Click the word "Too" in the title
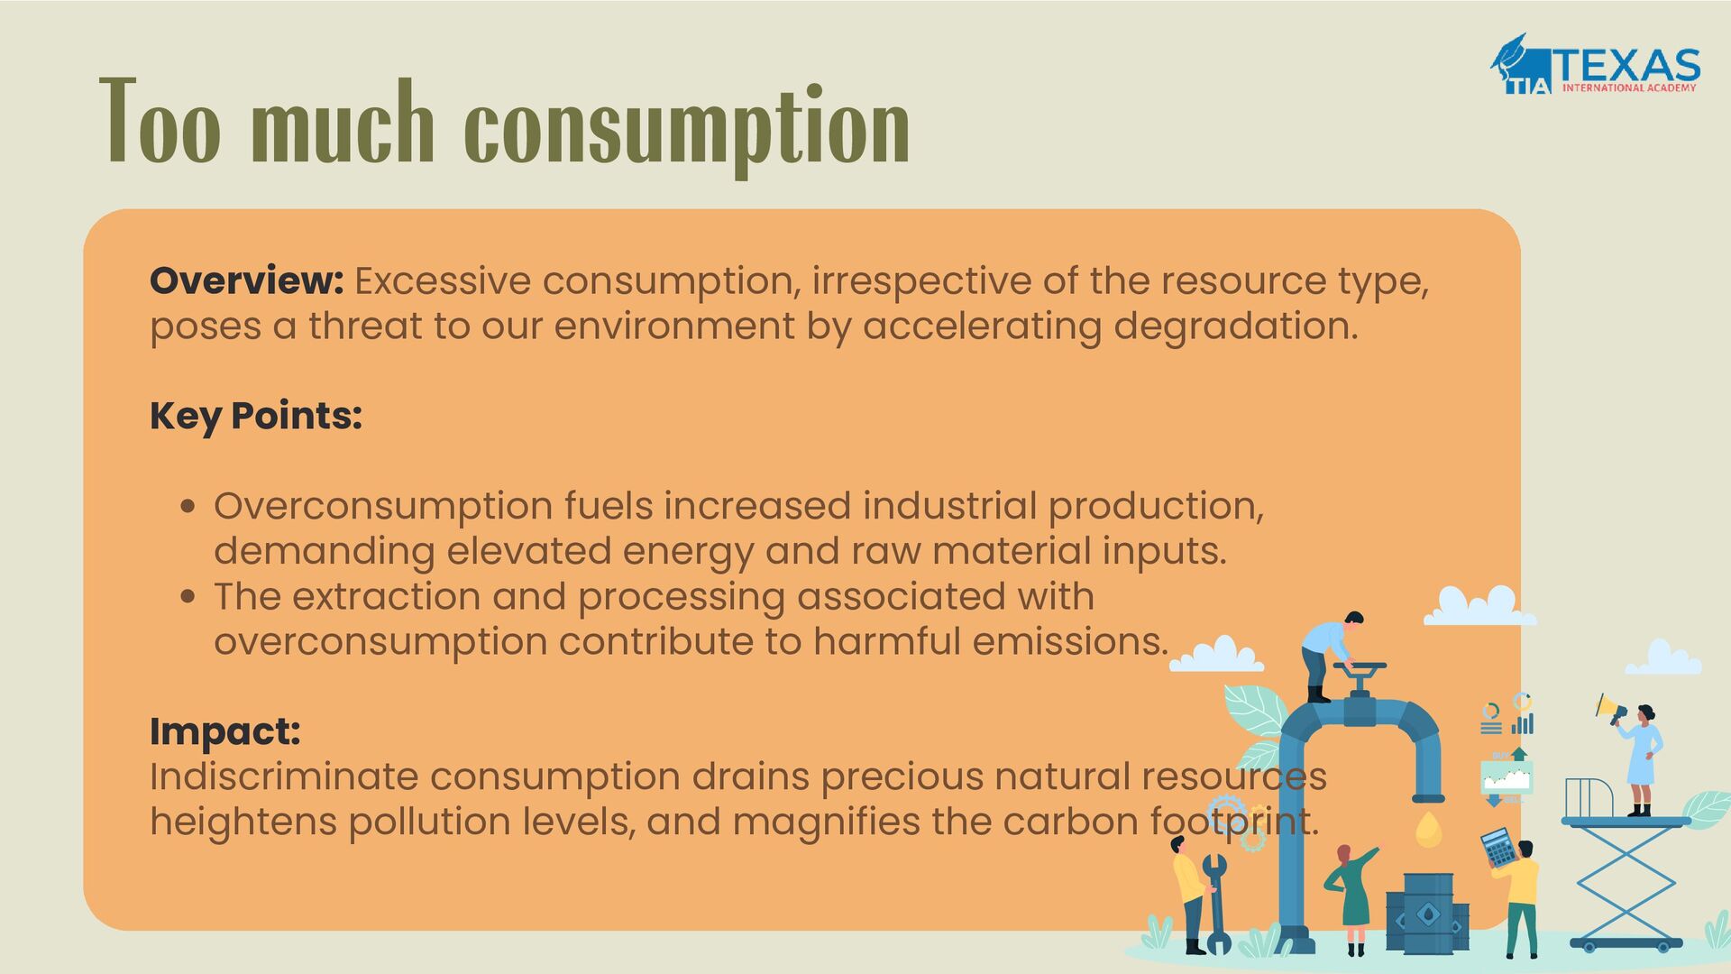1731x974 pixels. [160, 122]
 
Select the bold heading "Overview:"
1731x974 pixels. [246, 280]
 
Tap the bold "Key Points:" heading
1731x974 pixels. [256, 416]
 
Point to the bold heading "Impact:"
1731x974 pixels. [224, 730]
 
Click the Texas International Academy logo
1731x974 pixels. [1595, 65]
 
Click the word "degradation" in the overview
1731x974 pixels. [1234, 326]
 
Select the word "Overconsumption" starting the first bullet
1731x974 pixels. [383, 506]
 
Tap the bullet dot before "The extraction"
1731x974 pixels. [188, 596]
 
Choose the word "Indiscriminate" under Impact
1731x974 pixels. [283, 776]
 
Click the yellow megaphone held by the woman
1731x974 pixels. [1607, 709]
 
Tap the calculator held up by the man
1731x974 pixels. [1498, 848]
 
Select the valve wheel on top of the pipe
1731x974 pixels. [1360, 668]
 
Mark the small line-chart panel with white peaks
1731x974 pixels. [1506, 776]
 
